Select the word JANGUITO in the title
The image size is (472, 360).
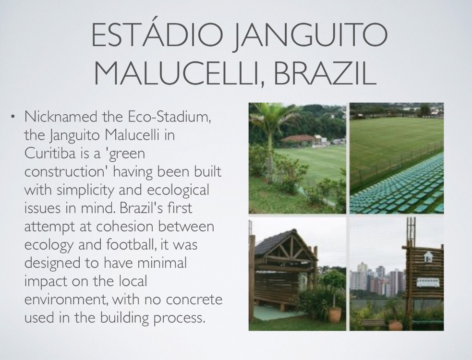[x=311, y=35]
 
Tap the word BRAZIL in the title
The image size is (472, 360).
[x=325, y=73]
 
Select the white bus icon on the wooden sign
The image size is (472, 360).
[x=428, y=283]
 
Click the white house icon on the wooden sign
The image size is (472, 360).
[x=428, y=257]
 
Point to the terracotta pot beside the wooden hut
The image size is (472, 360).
[x=335, y=314]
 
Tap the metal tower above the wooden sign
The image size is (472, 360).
[x=411, y=230]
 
